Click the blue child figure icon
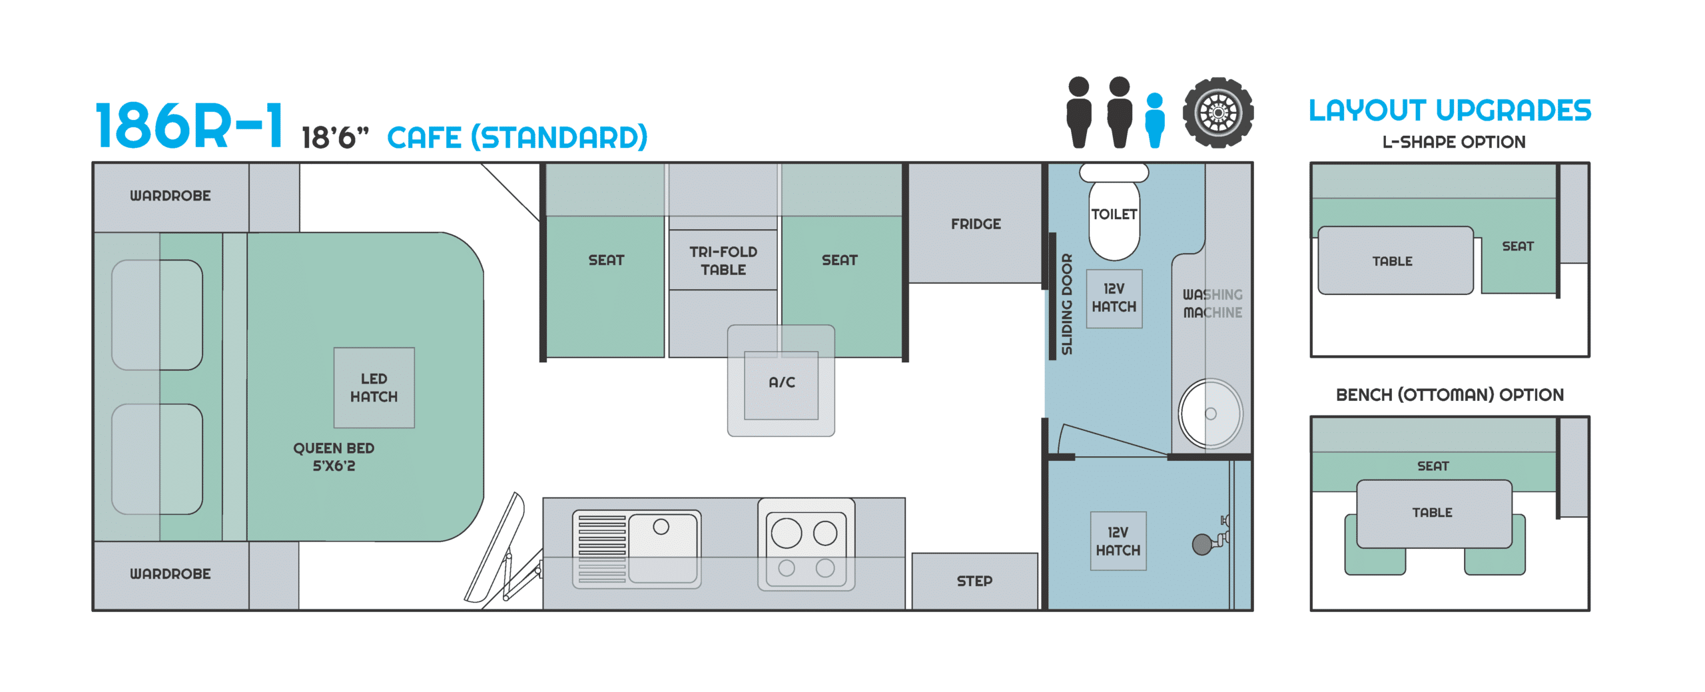coord(1155,120)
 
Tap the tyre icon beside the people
coord(1218,113)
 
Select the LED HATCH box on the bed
coord(374,388)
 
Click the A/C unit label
coord(782,382)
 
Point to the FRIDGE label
coord(976,224)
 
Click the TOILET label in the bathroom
coord(1114,214)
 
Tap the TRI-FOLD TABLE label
coord(723,260)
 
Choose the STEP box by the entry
coord(974,581)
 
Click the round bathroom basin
coord(1211,414)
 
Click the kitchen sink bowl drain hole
coord(661,527)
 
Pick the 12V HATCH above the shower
coord(1118,541)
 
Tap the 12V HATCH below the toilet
coord(1114,298)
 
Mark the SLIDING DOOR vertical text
coord(1067,304)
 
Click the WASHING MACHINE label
coord(1213,303)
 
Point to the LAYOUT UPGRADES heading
coord(1450,110)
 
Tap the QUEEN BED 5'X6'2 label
coord(334,457)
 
